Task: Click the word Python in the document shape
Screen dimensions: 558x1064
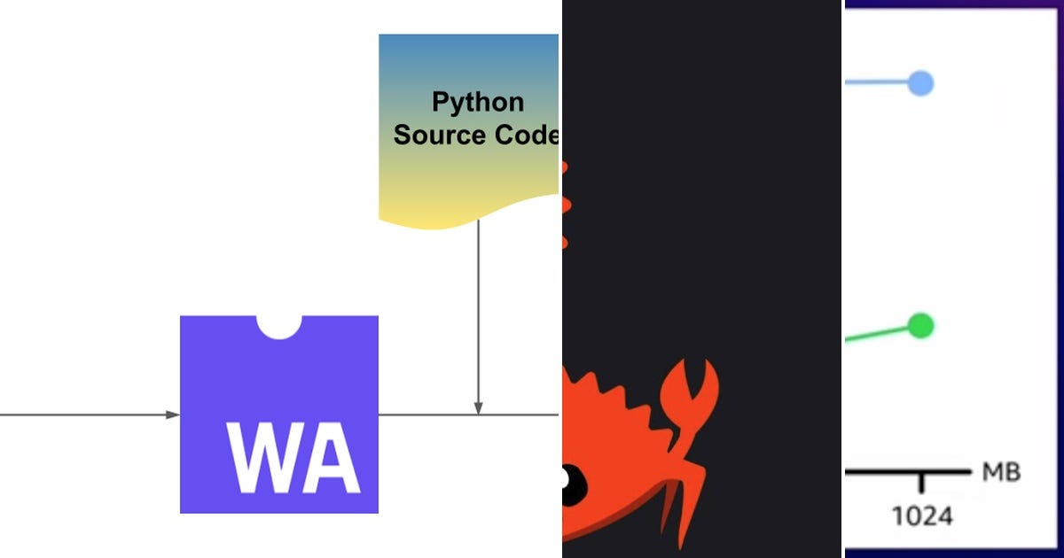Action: [477, 102]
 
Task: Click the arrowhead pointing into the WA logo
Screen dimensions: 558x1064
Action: [174, 415]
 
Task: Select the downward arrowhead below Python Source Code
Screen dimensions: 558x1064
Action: [479, 407]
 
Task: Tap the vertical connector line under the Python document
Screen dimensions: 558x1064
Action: [479, 310]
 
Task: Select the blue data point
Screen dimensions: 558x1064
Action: [921, 84]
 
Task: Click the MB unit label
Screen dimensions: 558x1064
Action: [1001, 473]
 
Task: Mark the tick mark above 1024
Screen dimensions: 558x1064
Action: [922, 483]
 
